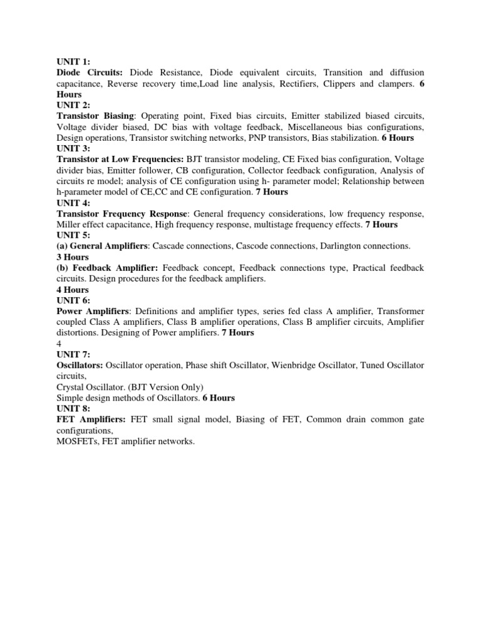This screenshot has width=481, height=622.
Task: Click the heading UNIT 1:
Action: [x=73, y=61]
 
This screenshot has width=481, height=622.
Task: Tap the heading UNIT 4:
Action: [x=73, y=202]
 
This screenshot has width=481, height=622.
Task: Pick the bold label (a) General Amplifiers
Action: [x=102, y=245]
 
